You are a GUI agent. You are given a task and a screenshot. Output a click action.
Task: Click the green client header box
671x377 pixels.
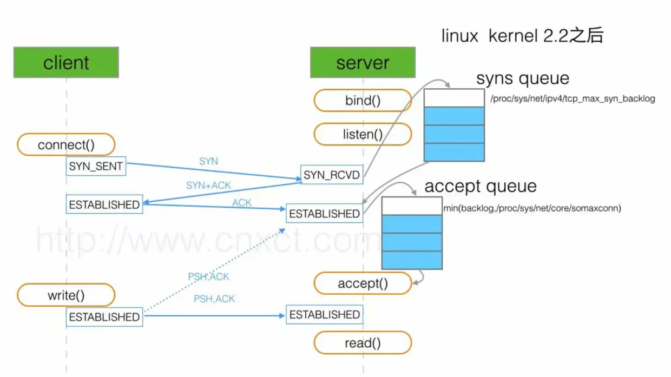[66, 62]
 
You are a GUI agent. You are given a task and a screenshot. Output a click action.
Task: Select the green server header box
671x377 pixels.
[363, 62]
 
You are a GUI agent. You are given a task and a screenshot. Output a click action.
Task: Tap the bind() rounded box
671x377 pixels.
[363, 101]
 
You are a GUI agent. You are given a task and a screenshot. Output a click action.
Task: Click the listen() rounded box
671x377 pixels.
[363, 134]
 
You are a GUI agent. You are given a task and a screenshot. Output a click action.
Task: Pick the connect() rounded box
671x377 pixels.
[66, 145]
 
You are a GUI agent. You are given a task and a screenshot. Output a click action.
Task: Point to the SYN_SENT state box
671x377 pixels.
[96, 167]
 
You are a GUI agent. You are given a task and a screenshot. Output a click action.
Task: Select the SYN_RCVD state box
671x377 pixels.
[332, 175]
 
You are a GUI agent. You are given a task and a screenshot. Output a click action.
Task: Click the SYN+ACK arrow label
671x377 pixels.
[208, 185]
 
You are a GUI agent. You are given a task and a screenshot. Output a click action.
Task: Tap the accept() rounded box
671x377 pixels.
[363, 283]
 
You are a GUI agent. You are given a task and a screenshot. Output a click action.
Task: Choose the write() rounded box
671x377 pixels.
[66, 295]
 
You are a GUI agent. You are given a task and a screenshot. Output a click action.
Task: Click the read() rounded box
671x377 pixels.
[363, 343]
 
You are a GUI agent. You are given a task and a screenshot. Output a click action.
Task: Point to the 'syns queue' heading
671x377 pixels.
[522, 78]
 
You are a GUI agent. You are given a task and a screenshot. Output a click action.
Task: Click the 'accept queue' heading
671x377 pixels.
[481, 186]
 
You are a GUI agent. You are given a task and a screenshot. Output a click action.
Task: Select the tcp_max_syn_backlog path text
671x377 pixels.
[573, 98]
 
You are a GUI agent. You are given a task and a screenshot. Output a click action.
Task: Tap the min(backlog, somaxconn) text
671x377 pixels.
[532, 208]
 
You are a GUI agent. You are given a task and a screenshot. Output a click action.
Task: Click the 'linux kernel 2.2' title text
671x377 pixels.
[522, 36]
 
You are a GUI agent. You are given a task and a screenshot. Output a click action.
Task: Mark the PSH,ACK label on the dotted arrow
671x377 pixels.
[208, 276]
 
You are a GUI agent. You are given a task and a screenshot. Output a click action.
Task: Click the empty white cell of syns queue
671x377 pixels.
[454, 98]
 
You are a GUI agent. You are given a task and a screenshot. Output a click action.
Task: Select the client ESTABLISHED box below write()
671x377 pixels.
[104, 317]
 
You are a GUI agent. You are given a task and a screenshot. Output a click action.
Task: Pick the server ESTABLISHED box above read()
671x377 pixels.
[324, 315]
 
